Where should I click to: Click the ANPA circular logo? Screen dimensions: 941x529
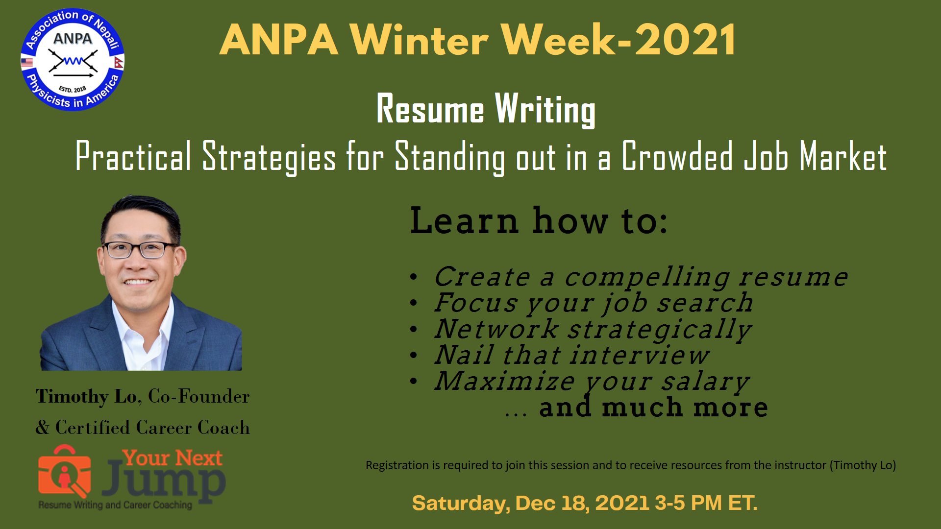pyautogui.click(x=73, y=60)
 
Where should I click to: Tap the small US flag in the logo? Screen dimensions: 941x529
pyautogui.click(x=27, y=62)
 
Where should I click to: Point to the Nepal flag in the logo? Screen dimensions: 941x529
pyautogui.click(x=119, y=62)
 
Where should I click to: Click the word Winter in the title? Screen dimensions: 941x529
pyautogui.click(x=419, y=40)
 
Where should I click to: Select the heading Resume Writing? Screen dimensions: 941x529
pyautogui.click(x=486, y=109)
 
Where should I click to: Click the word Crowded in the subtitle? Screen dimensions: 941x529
pyautogui.click(x=678, y=156)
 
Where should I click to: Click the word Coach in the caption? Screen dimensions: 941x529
pyautogui.click(x=223, y=428)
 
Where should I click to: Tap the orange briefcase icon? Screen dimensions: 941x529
pyautogui.click(x=64, y=472)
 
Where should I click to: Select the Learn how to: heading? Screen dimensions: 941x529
pyautogui.click(x=539, y=220)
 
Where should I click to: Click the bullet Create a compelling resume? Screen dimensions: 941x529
pyautogui.click(x=641, y=277)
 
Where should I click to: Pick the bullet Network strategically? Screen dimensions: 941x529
pyautogui.click(x=593, y=329)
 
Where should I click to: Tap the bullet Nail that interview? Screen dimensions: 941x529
pyautogui.click(x=571, y=355)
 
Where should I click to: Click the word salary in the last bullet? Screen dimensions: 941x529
pyautogui.click(x=705, y=381)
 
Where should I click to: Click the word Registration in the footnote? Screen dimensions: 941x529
pyautogui.click(x=397, y=465)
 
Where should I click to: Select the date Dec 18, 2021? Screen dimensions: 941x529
pyautogui.click(x=582, y=504)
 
